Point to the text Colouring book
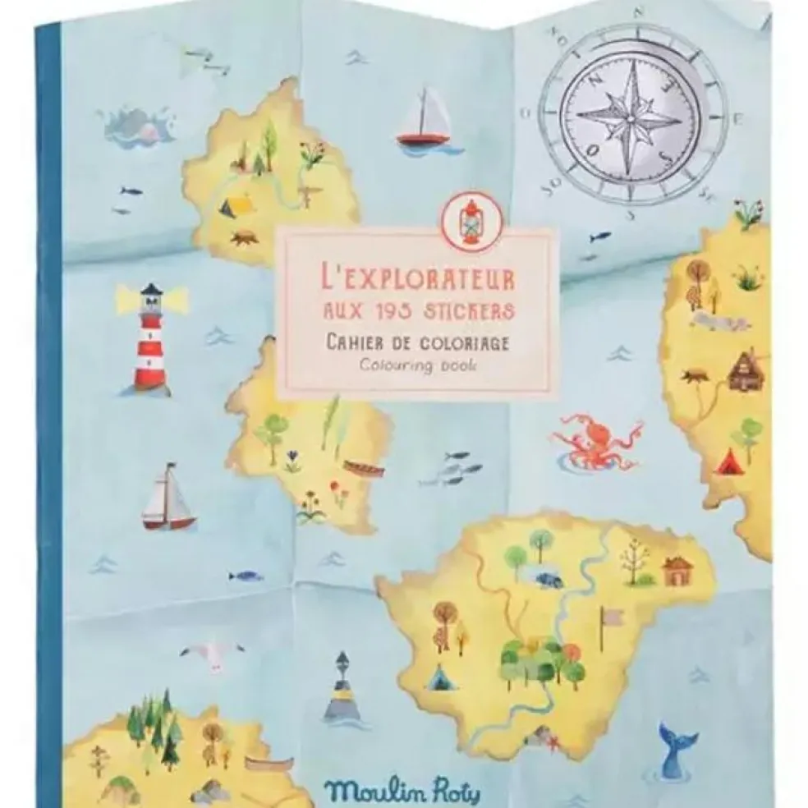click(417, 365)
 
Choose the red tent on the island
click(728, 464)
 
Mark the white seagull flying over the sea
click(212, 652)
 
